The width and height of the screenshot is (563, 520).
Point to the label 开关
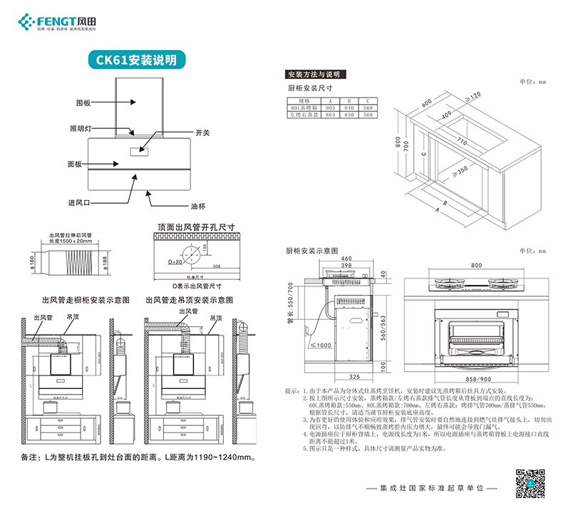(x=202, y=133)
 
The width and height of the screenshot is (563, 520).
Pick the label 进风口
(x=80, y=203)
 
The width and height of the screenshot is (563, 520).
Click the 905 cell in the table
(x=330, y=107)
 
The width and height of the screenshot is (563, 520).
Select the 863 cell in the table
(x=330, y=114)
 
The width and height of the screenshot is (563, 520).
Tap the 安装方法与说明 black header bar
(x=314, y=74)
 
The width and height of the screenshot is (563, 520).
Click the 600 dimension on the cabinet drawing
(x=426, y=103)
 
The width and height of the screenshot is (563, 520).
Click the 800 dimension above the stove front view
(x=475, y=265)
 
